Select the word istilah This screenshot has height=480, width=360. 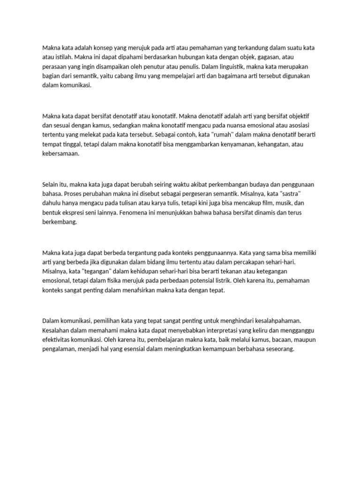coord(60,57)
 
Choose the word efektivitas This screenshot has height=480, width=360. coord(58,340)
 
